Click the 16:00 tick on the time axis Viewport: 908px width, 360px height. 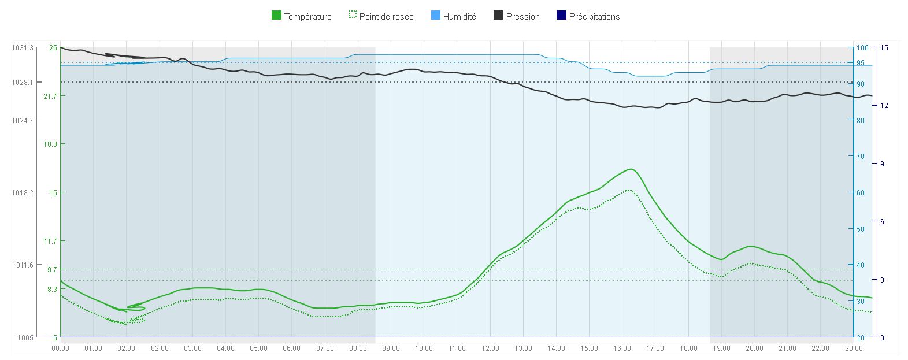point(622,348)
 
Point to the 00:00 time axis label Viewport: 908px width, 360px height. point(61,348)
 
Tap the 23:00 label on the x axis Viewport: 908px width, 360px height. point(854,348)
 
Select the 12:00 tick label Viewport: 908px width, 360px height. point(490,348)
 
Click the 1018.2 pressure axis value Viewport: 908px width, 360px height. point(23,192)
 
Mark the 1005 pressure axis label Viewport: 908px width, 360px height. point(26,337)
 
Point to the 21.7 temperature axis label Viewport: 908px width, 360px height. point(50,96)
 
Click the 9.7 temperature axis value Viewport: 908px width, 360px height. point(52,269)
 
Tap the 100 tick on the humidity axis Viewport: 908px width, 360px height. point(862,48)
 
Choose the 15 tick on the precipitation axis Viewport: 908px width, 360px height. point(884,48)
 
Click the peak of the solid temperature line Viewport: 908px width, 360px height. point(631,169)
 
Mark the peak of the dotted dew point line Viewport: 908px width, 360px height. point(628,190)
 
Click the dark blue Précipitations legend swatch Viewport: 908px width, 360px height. point(561,16)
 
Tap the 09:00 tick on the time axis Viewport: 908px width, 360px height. point(391,348)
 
